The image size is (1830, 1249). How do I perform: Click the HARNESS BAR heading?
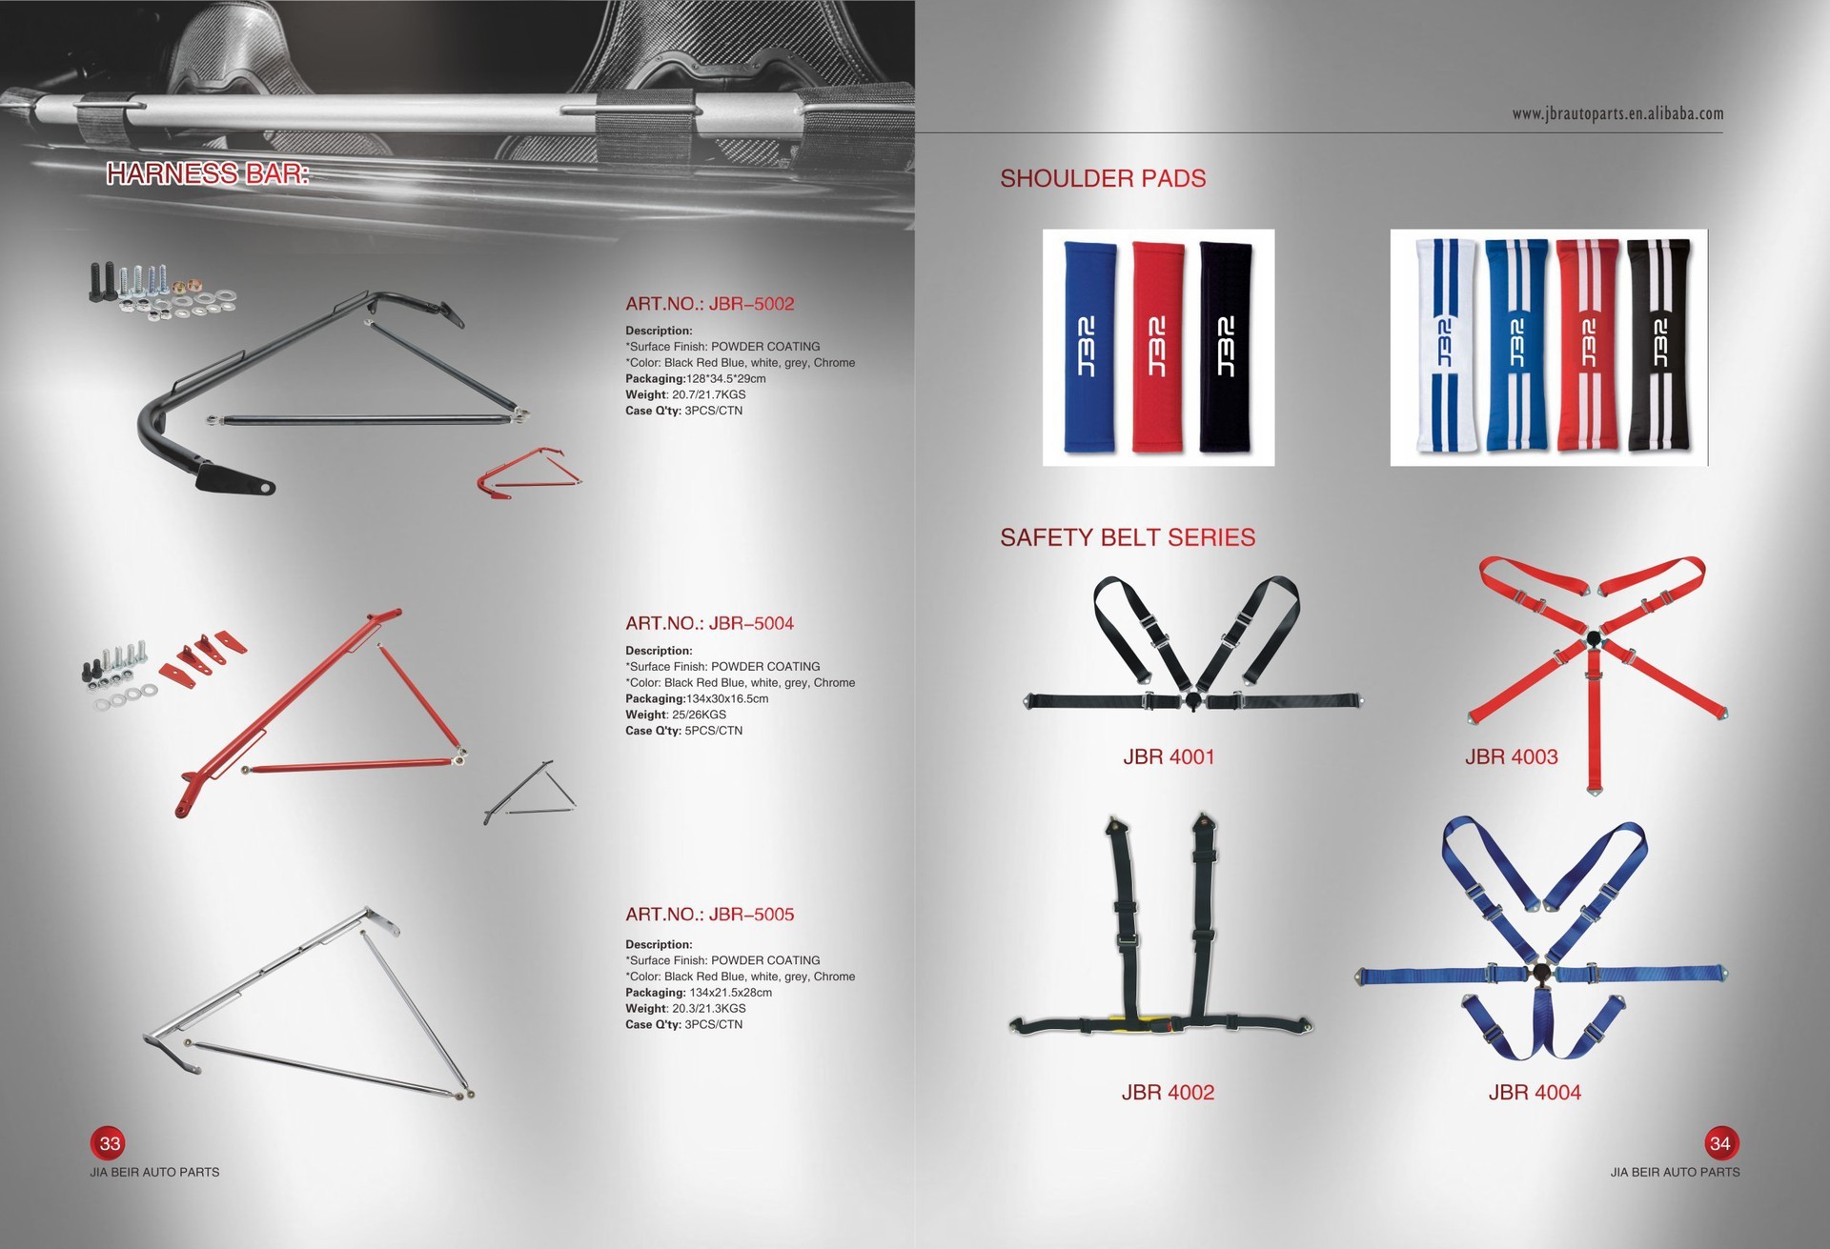[208, 173]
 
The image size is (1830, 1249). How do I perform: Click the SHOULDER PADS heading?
[1103, 178]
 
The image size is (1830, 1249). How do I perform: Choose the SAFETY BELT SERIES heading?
[1128, 537]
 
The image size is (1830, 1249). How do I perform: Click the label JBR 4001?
[1169, 757]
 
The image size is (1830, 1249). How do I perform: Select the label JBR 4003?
[1511, 757]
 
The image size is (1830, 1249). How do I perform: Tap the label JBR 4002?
[1168, 1093]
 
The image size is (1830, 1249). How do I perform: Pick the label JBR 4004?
[1535, 1093]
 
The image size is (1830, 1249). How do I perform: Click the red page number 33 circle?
[110, 1143]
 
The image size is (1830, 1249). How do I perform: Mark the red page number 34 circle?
[1720, 1143]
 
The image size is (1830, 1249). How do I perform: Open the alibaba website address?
[1617, 114]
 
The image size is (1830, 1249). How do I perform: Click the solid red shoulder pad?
[1159, 347]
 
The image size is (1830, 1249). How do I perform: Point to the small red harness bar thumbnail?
[529, 473]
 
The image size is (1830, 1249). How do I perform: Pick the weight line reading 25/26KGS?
[676, 715]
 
